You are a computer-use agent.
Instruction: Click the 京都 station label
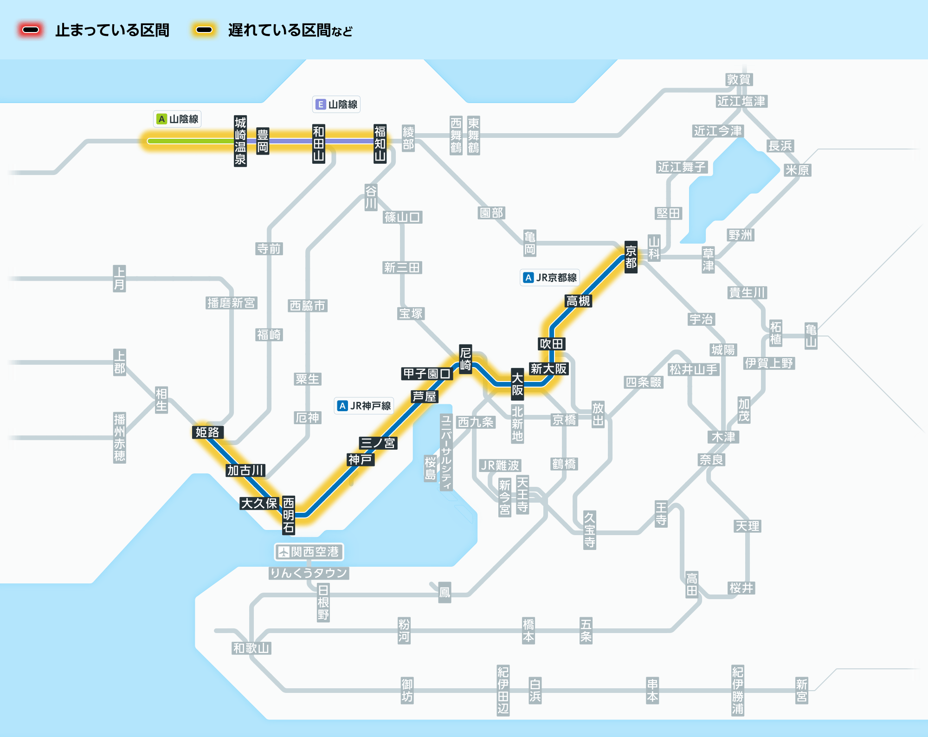(631, 257)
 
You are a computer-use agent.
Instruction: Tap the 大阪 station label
(517, 384)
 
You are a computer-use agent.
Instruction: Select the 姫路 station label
(207, 432)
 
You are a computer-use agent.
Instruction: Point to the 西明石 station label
(288, 515)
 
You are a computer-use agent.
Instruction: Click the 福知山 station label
(380, 143)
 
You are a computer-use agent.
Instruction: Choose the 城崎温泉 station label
(240, 141)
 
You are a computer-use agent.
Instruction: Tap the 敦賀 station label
(739, 79)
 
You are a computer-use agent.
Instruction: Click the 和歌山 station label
(251, 648)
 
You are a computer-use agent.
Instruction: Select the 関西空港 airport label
(309, 552)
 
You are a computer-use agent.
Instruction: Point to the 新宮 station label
(801, 690)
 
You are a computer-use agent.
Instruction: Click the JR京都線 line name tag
(550, 278)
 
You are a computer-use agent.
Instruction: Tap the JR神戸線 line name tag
(364, 406)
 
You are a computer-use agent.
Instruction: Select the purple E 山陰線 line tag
(336, 104)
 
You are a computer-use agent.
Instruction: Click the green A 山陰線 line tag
(177, 119)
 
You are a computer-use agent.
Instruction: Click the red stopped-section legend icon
(31, 30)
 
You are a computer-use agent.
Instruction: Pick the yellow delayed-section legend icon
(204, 30)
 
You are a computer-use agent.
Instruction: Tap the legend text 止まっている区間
(112, 31)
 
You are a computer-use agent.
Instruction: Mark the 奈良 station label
(711, 459)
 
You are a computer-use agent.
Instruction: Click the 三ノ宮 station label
(378, 443)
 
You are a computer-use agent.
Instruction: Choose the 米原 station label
(797, 170)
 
